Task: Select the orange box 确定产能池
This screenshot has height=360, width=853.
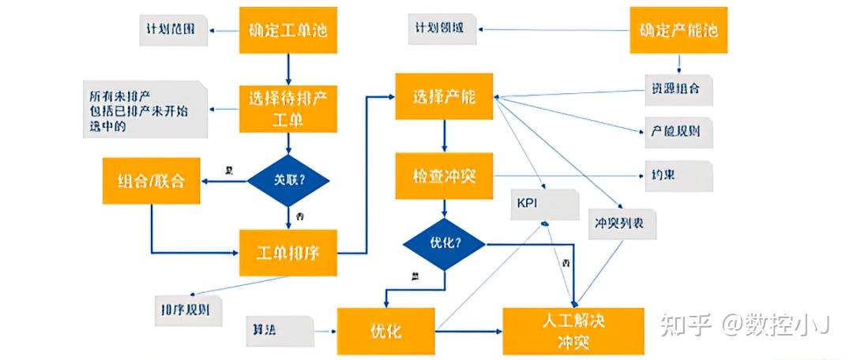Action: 678,31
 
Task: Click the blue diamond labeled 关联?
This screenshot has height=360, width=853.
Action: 287,179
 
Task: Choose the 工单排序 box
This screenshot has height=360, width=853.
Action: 288,253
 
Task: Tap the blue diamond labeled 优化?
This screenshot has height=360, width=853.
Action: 444,244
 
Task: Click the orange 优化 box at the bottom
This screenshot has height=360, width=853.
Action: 386,330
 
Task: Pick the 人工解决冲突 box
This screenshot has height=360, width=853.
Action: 574,329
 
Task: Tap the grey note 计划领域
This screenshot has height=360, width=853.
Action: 442,29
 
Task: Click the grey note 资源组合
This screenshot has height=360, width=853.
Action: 676,89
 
